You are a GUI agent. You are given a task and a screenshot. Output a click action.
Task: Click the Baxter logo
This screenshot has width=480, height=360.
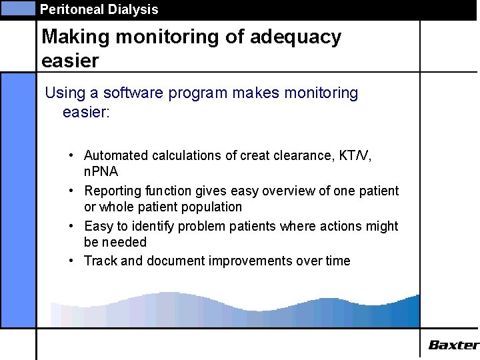tap(453, 345)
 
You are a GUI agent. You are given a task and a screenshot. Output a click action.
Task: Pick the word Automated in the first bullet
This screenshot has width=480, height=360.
tap(116, 155)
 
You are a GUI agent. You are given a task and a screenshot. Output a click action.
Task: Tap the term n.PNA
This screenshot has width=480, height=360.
tap(101, 171)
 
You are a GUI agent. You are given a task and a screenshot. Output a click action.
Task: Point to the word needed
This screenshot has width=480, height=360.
tap(124, 242)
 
